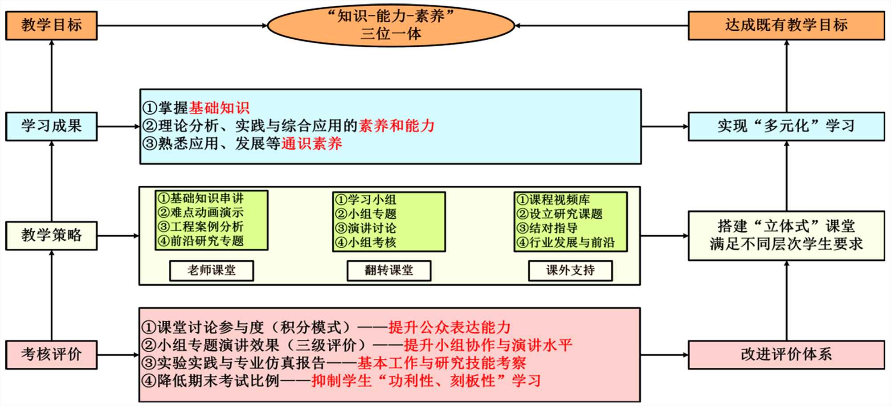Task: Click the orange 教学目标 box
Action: click(51, 25)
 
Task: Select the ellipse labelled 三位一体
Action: click(391, 25)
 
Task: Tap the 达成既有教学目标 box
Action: click(786, 25)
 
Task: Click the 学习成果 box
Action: click(51, 127)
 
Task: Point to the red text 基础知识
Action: click(219, 108)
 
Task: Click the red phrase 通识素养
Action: click(311, 144)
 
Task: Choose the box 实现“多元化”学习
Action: click(786, 127)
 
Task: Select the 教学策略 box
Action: click(51, 235)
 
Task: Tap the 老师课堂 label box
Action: click(212, 271)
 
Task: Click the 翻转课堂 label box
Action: click(389, 271)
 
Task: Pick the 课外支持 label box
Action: click(570, 271)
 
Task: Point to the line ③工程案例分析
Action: click(201, 227)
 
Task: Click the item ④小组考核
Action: click(366, 242)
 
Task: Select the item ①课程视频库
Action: click(553, 200)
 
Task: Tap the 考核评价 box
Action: click(51, 355)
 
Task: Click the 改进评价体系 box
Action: click(786, 355)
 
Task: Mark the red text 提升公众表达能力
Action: click(449, 328)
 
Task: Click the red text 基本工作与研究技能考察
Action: click(441, 363)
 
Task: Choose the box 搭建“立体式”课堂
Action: click(786, 235)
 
